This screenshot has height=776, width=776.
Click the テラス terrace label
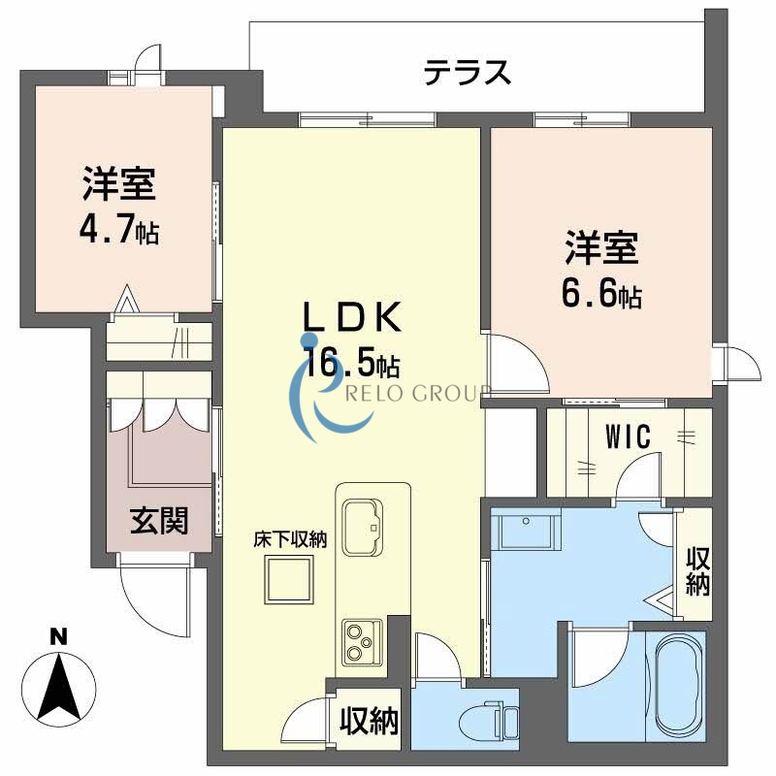467,72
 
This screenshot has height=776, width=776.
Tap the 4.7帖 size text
119,233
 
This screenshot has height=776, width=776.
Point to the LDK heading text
352,318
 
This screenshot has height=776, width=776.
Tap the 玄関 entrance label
159,521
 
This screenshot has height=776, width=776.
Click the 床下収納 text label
290,540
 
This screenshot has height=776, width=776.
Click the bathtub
678,682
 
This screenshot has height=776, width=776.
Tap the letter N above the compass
59,637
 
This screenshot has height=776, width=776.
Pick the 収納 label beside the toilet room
369,721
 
